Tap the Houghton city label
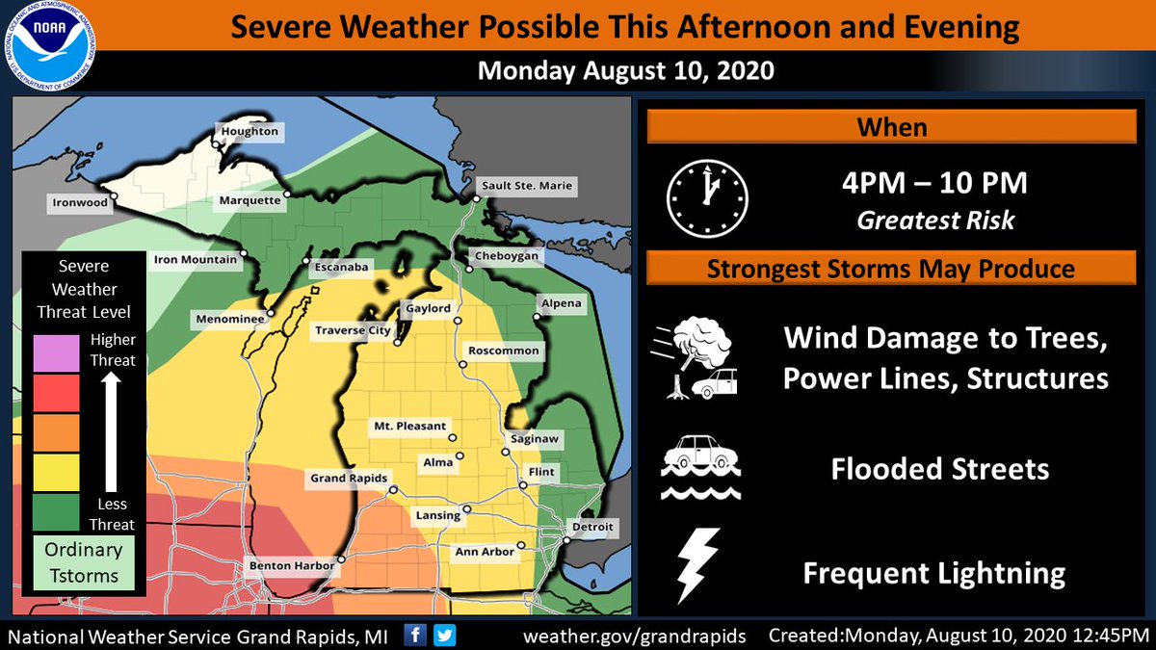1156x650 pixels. click(250, 132)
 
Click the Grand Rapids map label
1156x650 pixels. click(348, 478)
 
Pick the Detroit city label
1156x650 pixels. click(591, 528)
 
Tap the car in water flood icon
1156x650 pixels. click(700, 466)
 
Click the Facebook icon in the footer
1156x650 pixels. click(416, 635)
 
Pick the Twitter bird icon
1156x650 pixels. click(444, 635)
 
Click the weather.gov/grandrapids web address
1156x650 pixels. click(635, 637)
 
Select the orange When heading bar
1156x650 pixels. click(891, 127)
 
